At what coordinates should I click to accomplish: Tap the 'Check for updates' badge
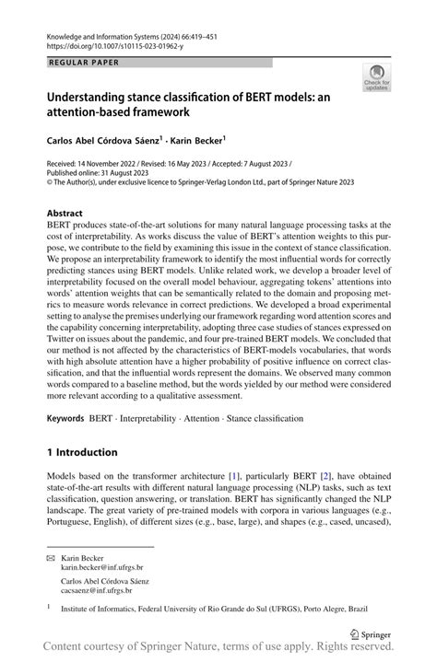pos(376,78)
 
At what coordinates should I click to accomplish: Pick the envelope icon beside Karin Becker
pos(51,558)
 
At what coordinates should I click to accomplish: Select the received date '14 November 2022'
pos(120,162)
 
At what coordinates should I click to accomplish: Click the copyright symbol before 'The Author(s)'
pos(50,182)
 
